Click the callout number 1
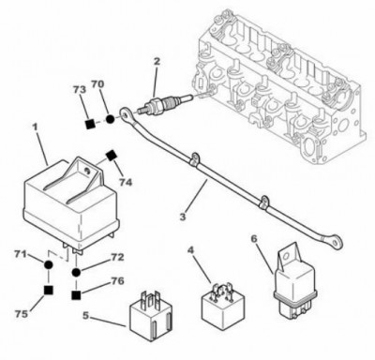(35, 127)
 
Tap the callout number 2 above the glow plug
(157, 61)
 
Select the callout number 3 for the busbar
(183, 216)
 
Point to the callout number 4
(191, 250)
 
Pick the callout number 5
(86, 316)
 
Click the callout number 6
(254, 239)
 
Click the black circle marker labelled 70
(110, 119)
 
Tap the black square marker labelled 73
(90, 124)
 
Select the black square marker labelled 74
(111, 156)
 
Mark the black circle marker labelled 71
(48, 265)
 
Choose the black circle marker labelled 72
(76, 272)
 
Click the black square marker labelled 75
(48, 291)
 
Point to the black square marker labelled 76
(76, 295)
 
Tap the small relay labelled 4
(223, 301)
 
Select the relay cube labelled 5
(151, 316)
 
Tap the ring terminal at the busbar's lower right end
(336, 240)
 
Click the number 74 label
(125, 182)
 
